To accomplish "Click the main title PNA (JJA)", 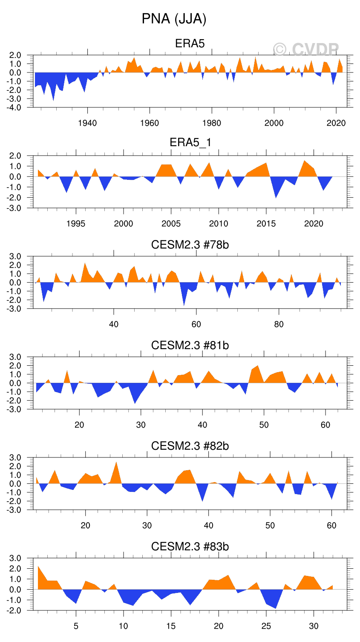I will pyautogui.click(x=174, y=19).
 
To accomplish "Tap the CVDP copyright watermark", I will pyautogui.click(x=306, y=50).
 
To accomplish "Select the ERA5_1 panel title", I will pyautogui.click(x=190, y=142).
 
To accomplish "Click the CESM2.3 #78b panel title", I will pyautogui.click(x=190, y=245).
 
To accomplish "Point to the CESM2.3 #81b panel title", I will pyautogui.click(x=190, y=345).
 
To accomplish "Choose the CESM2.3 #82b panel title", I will pyautogui.click(x=190, y=446).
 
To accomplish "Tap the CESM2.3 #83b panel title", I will pyautogui.click(x=190, y=547).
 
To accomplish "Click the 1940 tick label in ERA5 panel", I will pyautogui.click(x=87, y=123).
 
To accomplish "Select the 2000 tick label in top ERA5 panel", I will pyautogui.click(x=274, y=123).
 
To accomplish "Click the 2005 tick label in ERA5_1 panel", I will pyautogui.click(x=171, y=224).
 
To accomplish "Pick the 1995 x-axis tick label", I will pyautogui.click(x=76, y=224).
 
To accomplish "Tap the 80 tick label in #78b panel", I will pyautogui.click(x=279, y=324).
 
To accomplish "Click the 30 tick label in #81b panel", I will pyautogui.click(x=141, y=425).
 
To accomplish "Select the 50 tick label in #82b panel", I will pyautogui.click(x=270, y=526).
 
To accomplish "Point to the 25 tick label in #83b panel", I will pyautogui.click(x=266, y=626).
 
